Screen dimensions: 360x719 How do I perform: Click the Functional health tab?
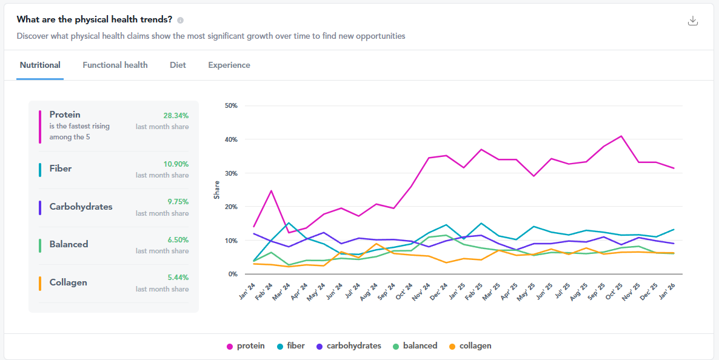[115, 65]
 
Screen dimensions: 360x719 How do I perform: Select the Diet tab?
[178, 65]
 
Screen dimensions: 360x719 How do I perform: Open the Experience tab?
[229, 65]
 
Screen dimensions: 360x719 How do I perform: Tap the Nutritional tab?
[40, 65]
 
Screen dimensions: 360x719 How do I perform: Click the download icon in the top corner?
[693, 21]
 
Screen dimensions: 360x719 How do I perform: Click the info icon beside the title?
[181, 20]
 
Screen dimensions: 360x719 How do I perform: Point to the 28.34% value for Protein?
[176, 115]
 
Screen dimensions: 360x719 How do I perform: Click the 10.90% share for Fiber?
[176, 164]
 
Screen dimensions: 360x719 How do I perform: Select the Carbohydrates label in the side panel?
[81, 207]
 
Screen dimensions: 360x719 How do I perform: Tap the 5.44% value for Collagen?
[177, 278]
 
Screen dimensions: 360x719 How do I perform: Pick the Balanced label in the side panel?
[69, 244]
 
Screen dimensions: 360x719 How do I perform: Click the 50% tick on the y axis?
[231, 105]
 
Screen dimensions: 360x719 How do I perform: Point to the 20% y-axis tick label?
[231, 207]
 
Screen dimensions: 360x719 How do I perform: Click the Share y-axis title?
[216, 190]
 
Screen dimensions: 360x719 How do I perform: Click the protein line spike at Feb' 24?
[272, 191]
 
